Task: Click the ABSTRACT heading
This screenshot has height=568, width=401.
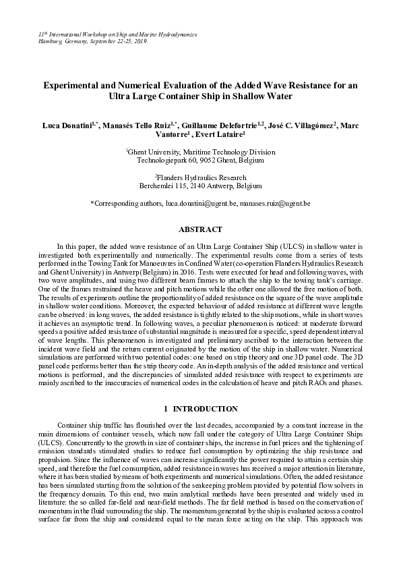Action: [x=200, y=230]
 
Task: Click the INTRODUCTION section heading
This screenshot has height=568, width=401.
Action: [x=206, y=409]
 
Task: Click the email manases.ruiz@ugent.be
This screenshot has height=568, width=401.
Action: [x=277, y=202]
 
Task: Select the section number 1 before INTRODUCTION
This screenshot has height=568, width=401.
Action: [x=166, y=409]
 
